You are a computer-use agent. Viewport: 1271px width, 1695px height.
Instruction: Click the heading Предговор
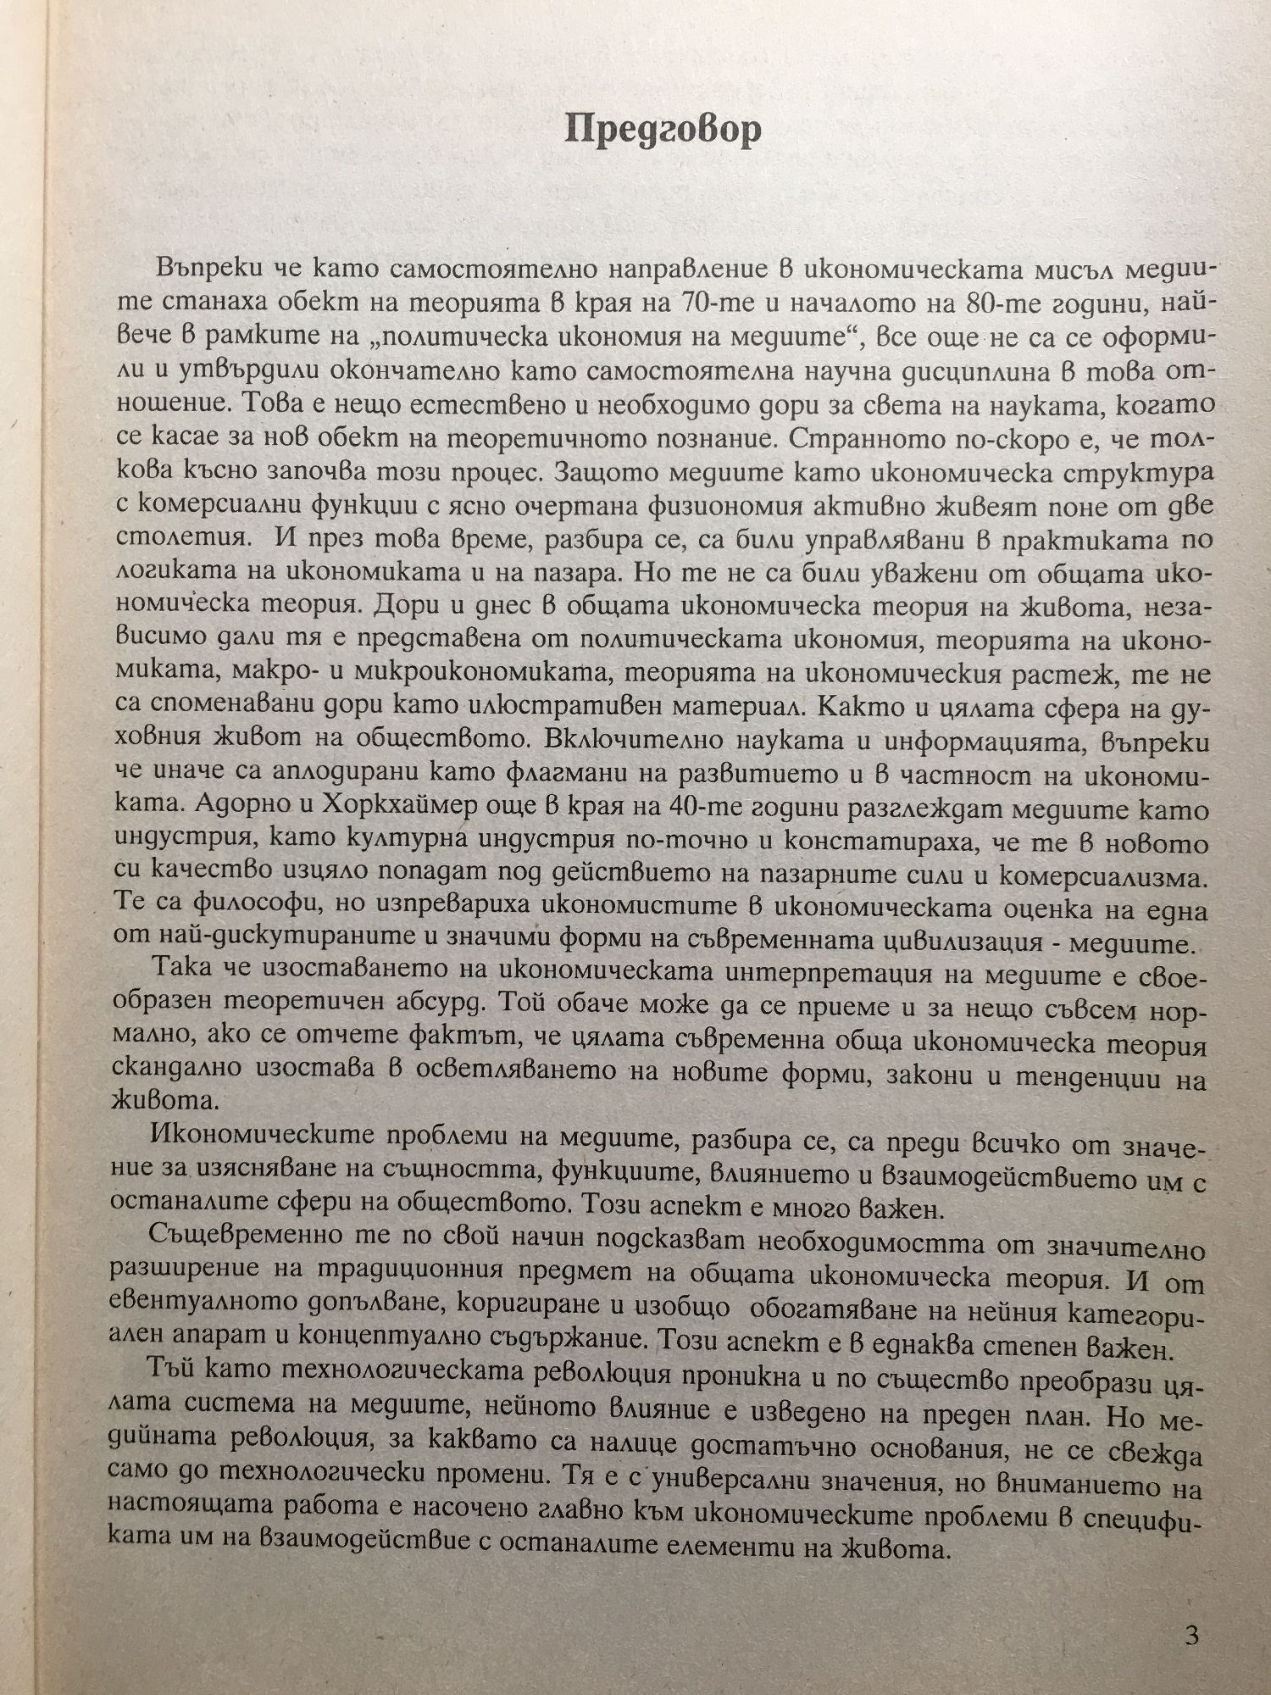coord(663,130)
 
